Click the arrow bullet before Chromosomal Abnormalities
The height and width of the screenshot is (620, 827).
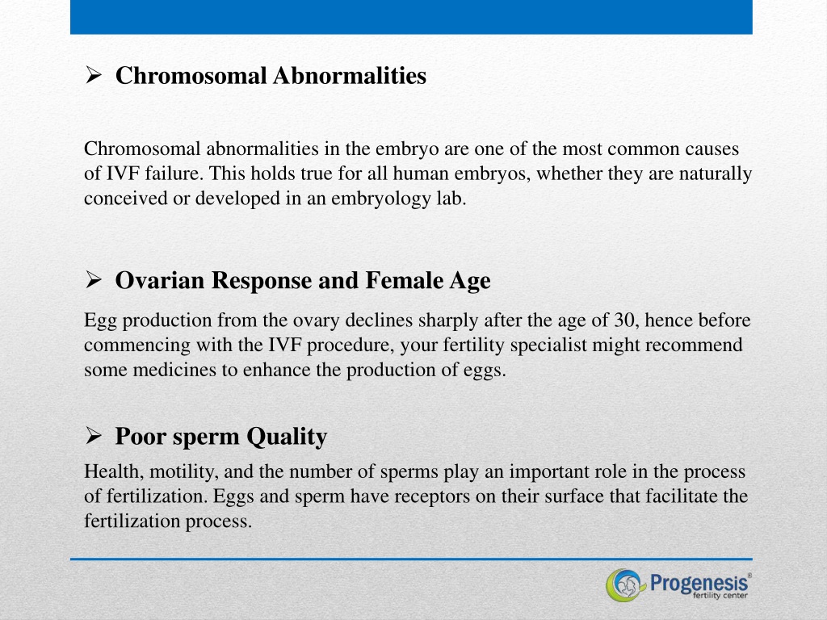93,75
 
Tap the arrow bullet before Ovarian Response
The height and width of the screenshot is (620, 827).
93,279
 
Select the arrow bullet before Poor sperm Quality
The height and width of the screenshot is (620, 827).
93,435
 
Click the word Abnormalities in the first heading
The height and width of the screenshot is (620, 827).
350,75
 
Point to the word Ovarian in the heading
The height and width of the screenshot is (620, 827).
160,280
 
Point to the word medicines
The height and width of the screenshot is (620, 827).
174,370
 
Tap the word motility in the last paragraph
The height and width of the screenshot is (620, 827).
183,471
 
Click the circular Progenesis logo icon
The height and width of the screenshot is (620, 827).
626,584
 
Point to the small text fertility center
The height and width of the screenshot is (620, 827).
720,596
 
